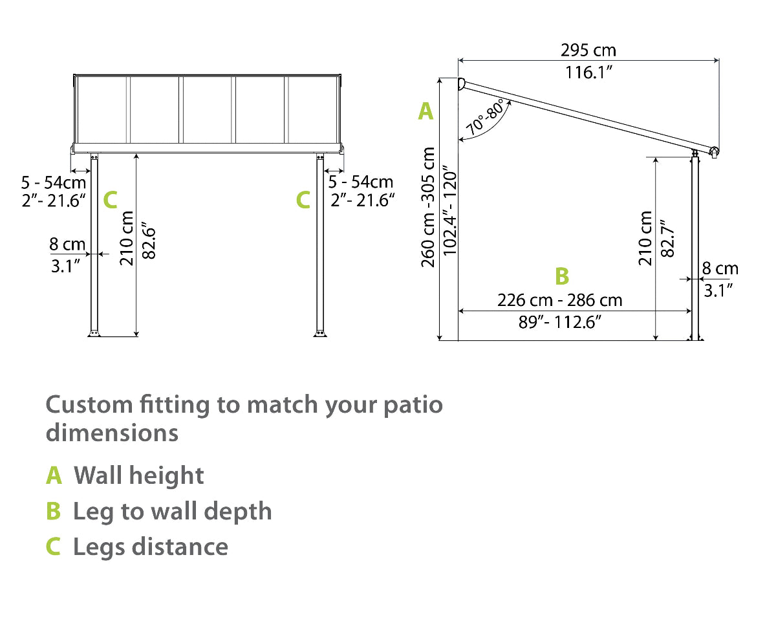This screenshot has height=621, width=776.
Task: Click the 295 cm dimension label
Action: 588,50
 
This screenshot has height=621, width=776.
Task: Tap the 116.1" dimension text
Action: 589,72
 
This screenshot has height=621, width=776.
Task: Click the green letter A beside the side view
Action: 425,111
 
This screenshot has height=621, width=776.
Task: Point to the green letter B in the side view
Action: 562,276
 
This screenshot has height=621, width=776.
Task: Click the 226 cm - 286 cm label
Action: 559,300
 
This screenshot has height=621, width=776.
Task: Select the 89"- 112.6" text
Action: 560,321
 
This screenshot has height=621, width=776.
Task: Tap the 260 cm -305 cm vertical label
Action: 428,207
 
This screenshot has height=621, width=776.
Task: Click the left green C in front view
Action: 111,201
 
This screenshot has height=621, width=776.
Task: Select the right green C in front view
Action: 303,201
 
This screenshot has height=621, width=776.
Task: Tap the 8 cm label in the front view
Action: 67,245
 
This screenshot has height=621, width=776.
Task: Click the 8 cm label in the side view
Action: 720,268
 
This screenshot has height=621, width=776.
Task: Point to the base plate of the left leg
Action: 94,333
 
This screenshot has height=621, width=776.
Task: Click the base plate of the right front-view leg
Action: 319,333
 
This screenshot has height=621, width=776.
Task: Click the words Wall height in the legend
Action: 139,475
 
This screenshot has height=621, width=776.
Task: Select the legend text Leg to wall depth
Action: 172,511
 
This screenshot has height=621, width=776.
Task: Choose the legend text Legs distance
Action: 150,547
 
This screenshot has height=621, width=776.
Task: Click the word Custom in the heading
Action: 89,406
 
